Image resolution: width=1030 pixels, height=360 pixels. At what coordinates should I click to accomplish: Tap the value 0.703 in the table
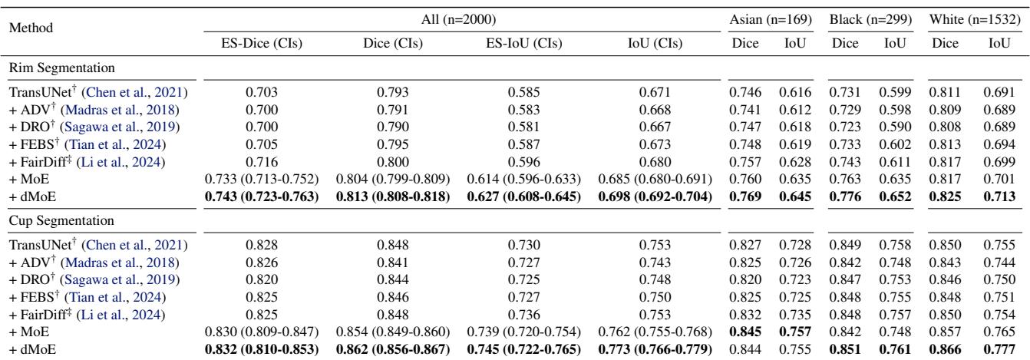[x=256, y=92]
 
